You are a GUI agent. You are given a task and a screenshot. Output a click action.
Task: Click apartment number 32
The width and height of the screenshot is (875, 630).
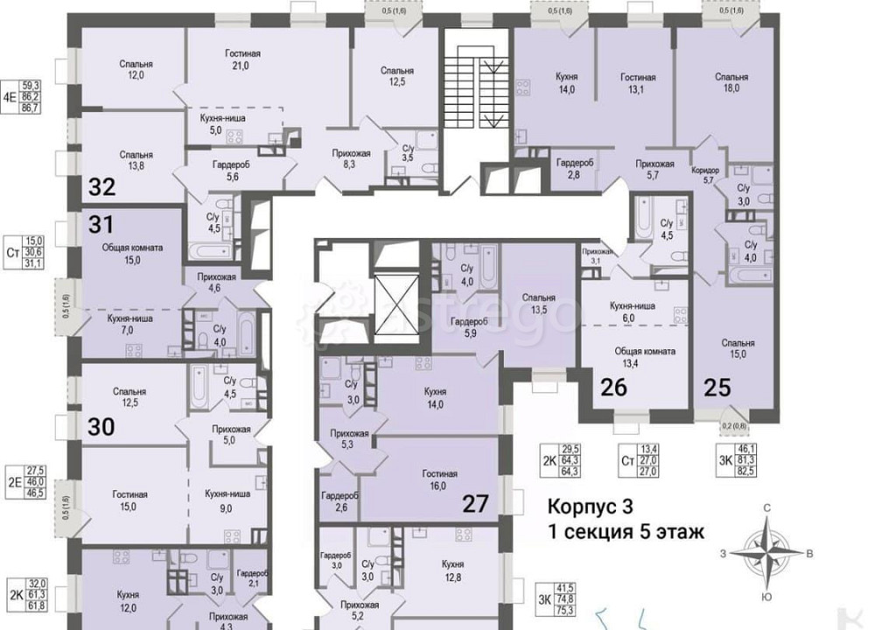point(101,186)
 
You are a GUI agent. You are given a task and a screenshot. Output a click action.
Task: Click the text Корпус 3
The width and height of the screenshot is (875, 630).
point(590,507)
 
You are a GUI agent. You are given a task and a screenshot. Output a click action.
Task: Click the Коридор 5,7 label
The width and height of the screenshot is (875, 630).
point(704,174)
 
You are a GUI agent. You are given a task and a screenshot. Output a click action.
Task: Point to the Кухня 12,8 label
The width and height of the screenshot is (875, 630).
point(452,570)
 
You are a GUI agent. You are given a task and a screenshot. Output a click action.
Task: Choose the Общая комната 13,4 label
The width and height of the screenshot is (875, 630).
point(644,357)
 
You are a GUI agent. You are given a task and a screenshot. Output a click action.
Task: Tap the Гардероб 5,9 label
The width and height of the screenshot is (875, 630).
point(464,327)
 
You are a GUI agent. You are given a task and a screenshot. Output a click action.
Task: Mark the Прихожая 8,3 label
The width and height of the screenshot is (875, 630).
point(351,159)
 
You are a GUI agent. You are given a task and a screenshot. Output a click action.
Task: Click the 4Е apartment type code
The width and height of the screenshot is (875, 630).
point(9,84)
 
